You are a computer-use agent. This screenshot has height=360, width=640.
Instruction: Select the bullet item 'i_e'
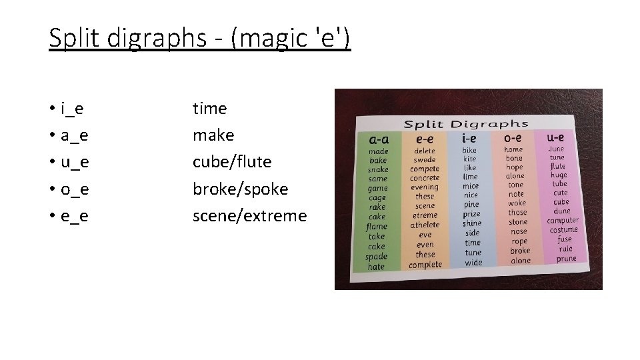tap(71, 108)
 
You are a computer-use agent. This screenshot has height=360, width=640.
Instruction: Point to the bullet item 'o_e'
tap(75, 189)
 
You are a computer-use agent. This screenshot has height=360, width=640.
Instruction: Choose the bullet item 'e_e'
tap(75, 216)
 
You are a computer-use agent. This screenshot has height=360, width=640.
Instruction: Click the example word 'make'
tap(213, 135)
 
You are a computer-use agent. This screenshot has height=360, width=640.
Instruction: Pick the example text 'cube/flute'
tap(232, 162)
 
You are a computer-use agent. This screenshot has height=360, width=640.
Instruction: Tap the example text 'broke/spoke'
tap(240, 189)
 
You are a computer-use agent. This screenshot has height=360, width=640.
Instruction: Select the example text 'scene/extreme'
tap(249, 216)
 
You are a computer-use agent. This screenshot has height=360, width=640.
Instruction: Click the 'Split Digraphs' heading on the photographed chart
tap(466, 124)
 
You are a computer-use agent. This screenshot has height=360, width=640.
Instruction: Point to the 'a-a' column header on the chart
tap(380, 140)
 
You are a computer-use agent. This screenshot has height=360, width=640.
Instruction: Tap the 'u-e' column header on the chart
tap(556, 137)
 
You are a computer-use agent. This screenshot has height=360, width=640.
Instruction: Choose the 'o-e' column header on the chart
tap(513, 137)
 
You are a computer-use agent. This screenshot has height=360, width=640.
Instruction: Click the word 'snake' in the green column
tap(378, 170)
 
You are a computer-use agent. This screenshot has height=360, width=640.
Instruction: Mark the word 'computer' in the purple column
tap(563, 221)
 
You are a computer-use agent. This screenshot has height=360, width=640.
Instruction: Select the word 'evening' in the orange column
tap(425, 187)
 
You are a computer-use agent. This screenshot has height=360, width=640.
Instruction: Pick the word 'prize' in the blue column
tap(471, 214)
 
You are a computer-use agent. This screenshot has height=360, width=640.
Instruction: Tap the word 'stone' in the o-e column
tap(518, 222)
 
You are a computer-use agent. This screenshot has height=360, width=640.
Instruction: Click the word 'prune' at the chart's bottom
tap(566, 259)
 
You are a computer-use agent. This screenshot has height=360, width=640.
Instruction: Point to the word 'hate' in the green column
tap(376, 267)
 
